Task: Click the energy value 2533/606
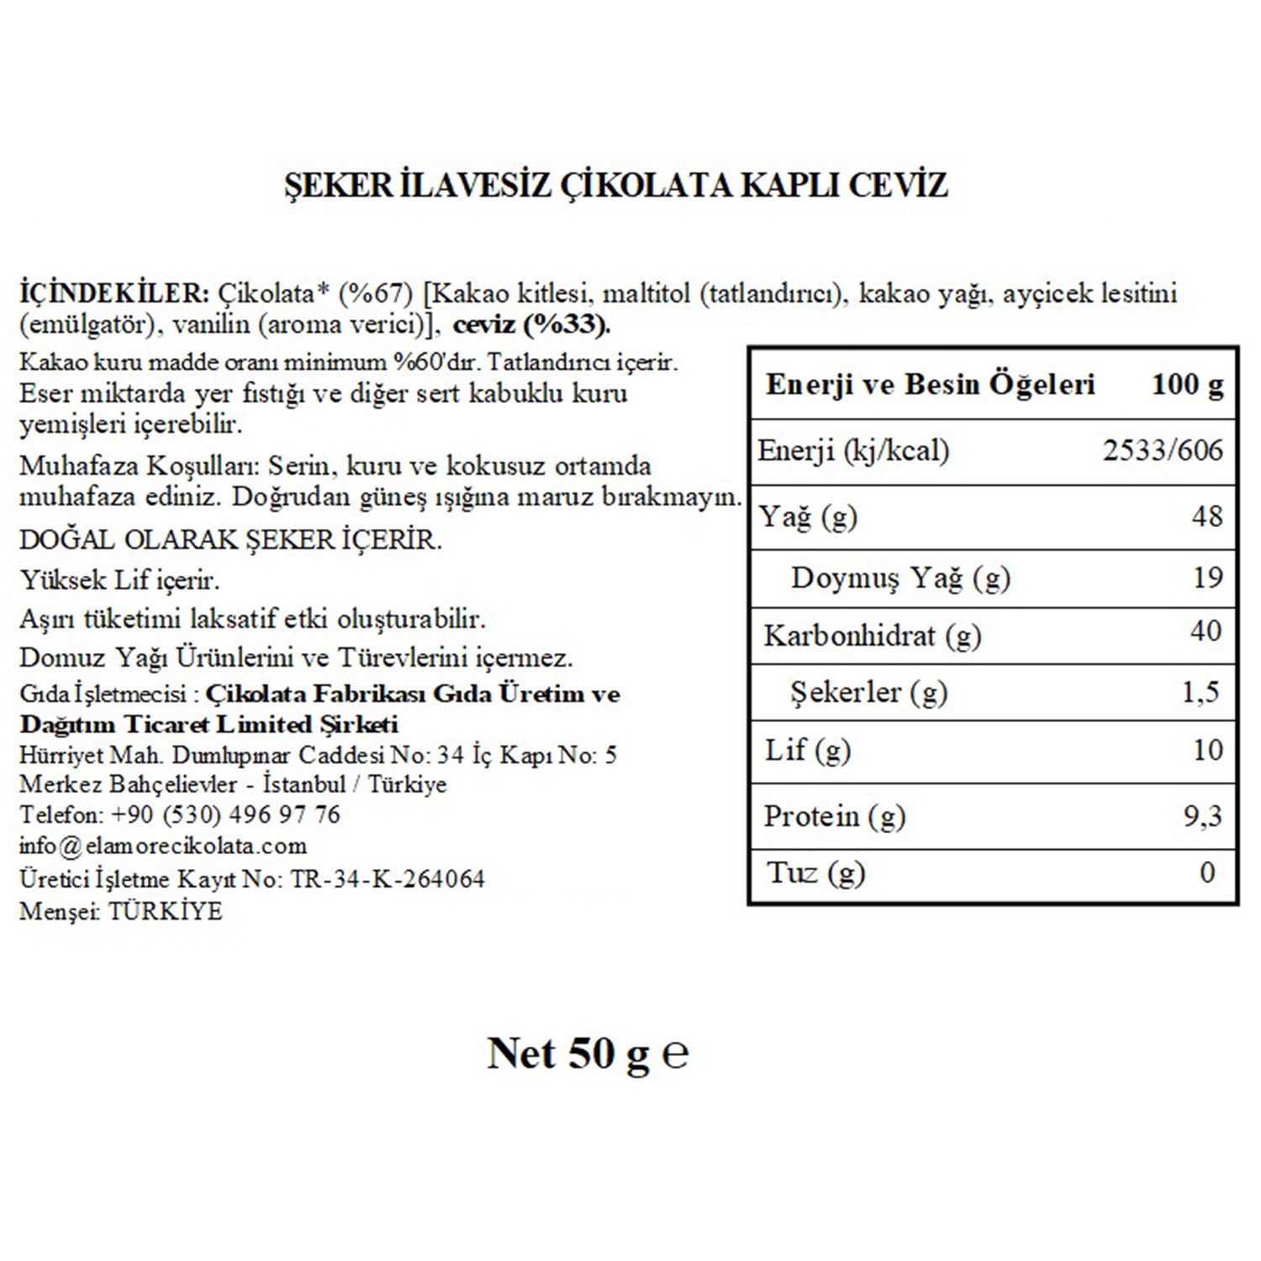[1163, 451]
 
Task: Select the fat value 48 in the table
[1206, 515]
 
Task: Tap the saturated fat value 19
[1207, 578]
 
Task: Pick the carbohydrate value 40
[1206, 630]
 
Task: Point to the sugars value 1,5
[1200, 692]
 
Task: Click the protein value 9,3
[1202, 815]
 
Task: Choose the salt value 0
[1207, 873]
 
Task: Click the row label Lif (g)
[807, 750]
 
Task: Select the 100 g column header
[1187, 385]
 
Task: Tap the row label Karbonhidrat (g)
[872, 636]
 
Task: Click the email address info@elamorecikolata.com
[163, 846]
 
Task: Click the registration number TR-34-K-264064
[388, 879]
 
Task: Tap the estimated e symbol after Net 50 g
[675, 1053]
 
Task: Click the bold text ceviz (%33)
[531, 324]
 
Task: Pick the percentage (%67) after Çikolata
[376, 293]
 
